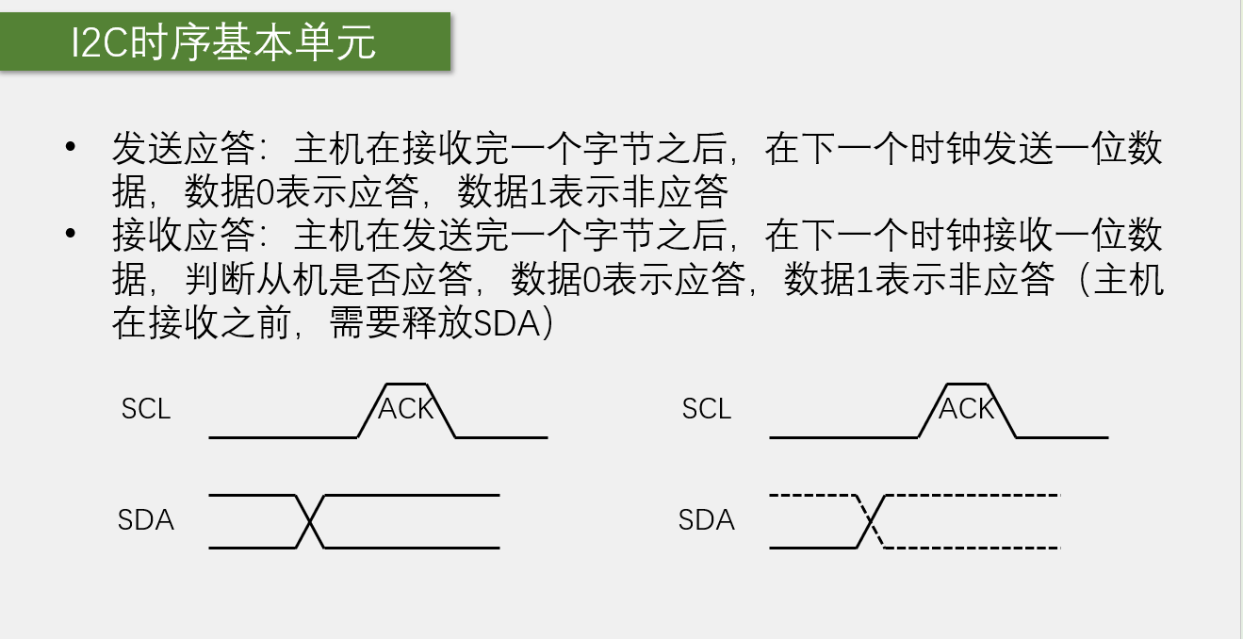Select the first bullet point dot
click(x=70, y=147)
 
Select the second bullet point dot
click(x=70, y=234)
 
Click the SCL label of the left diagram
click(x=146, y=409)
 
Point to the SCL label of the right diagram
click(x=707, y=409)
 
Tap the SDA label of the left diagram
click(x=146, y=520)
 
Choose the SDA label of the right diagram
click(x=707, y=520)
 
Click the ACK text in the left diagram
click(x=406, y=409)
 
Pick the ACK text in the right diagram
click(x=967, y=409)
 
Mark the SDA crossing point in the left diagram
click(x=310, y=521)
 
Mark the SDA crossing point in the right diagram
click(x=872, y=521)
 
